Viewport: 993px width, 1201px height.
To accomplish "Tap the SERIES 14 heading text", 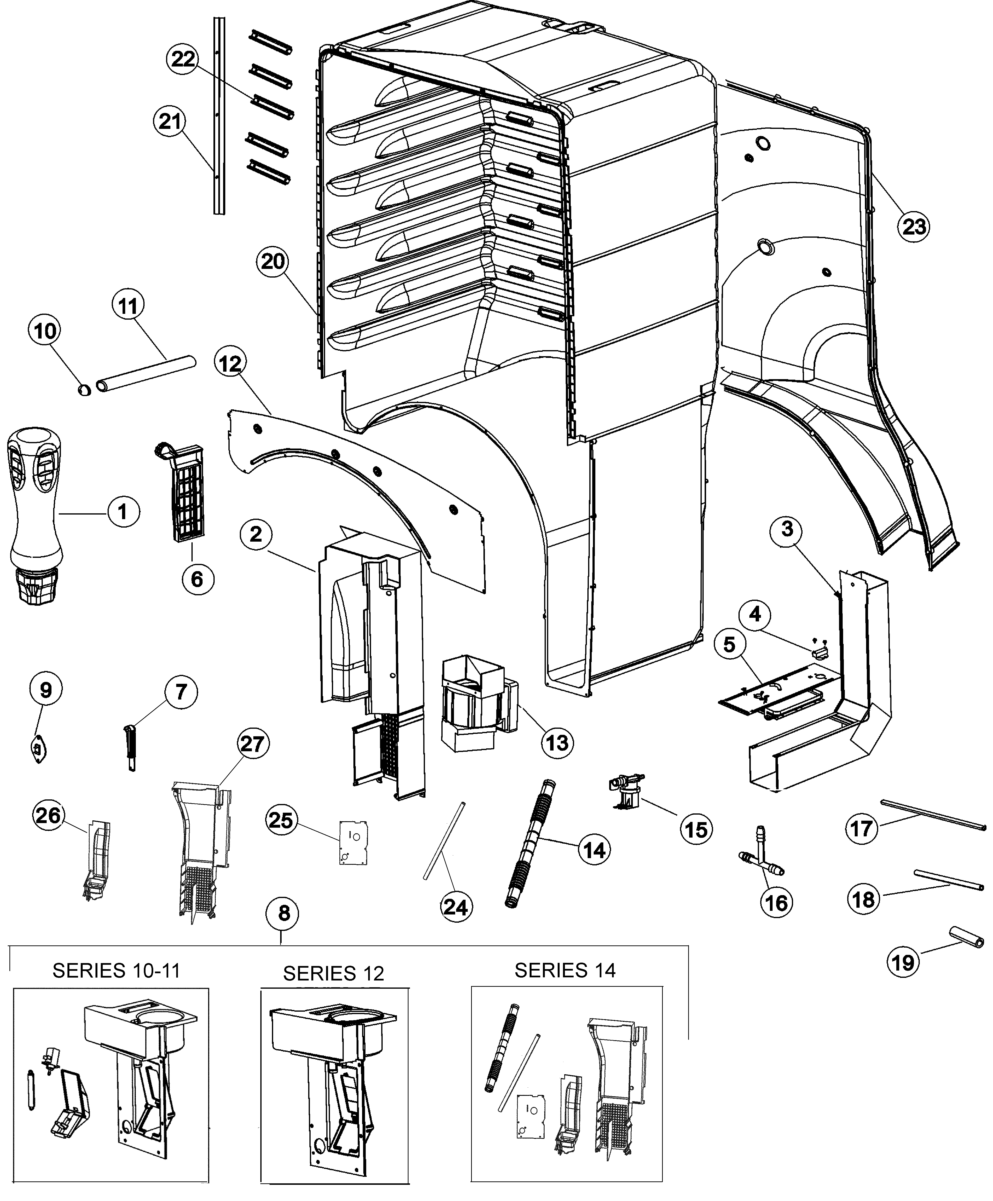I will (x=565, y=970).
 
